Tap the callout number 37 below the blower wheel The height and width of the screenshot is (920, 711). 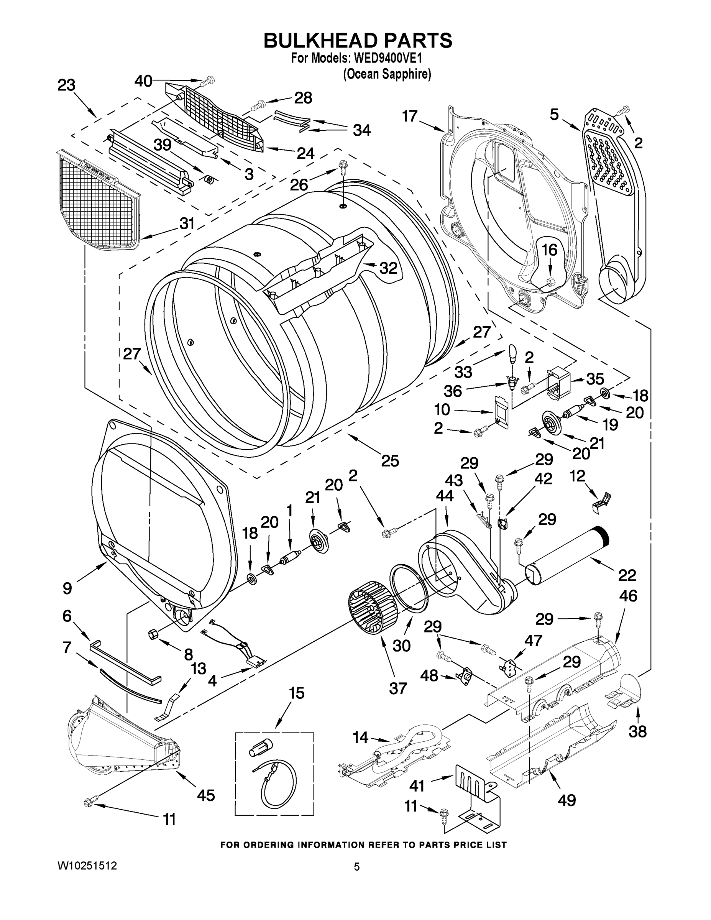397,689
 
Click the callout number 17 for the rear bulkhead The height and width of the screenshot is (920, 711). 409,116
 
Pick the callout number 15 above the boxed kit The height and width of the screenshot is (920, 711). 297,693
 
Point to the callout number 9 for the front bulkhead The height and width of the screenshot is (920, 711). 67,588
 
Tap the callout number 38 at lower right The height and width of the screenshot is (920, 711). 637,732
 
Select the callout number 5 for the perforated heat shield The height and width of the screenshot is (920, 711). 554,114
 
